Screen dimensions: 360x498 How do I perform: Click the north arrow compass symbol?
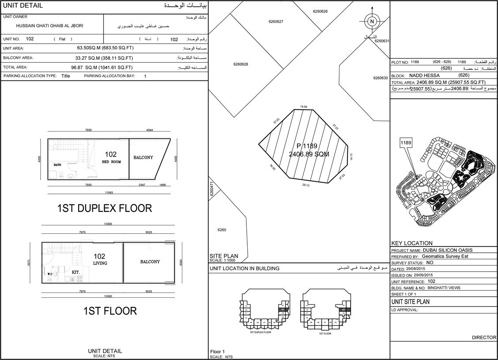coord(372,21)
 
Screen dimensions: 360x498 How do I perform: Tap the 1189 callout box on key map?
coord(406,143)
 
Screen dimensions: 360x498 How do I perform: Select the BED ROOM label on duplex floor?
coord(111,162)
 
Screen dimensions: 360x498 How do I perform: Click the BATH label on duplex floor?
coord(57,165)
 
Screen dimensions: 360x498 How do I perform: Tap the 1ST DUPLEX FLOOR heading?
coord(105,208)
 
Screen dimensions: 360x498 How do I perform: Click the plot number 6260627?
coord(275,22)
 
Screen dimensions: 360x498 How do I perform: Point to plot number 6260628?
coord(241,64)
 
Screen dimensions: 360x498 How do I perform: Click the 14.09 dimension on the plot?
coord(303,106)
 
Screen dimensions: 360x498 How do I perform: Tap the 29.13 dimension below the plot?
coord(306,185)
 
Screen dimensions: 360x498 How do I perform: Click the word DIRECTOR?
coord(484,337)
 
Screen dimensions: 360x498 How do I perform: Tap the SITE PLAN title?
coord(224,256)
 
